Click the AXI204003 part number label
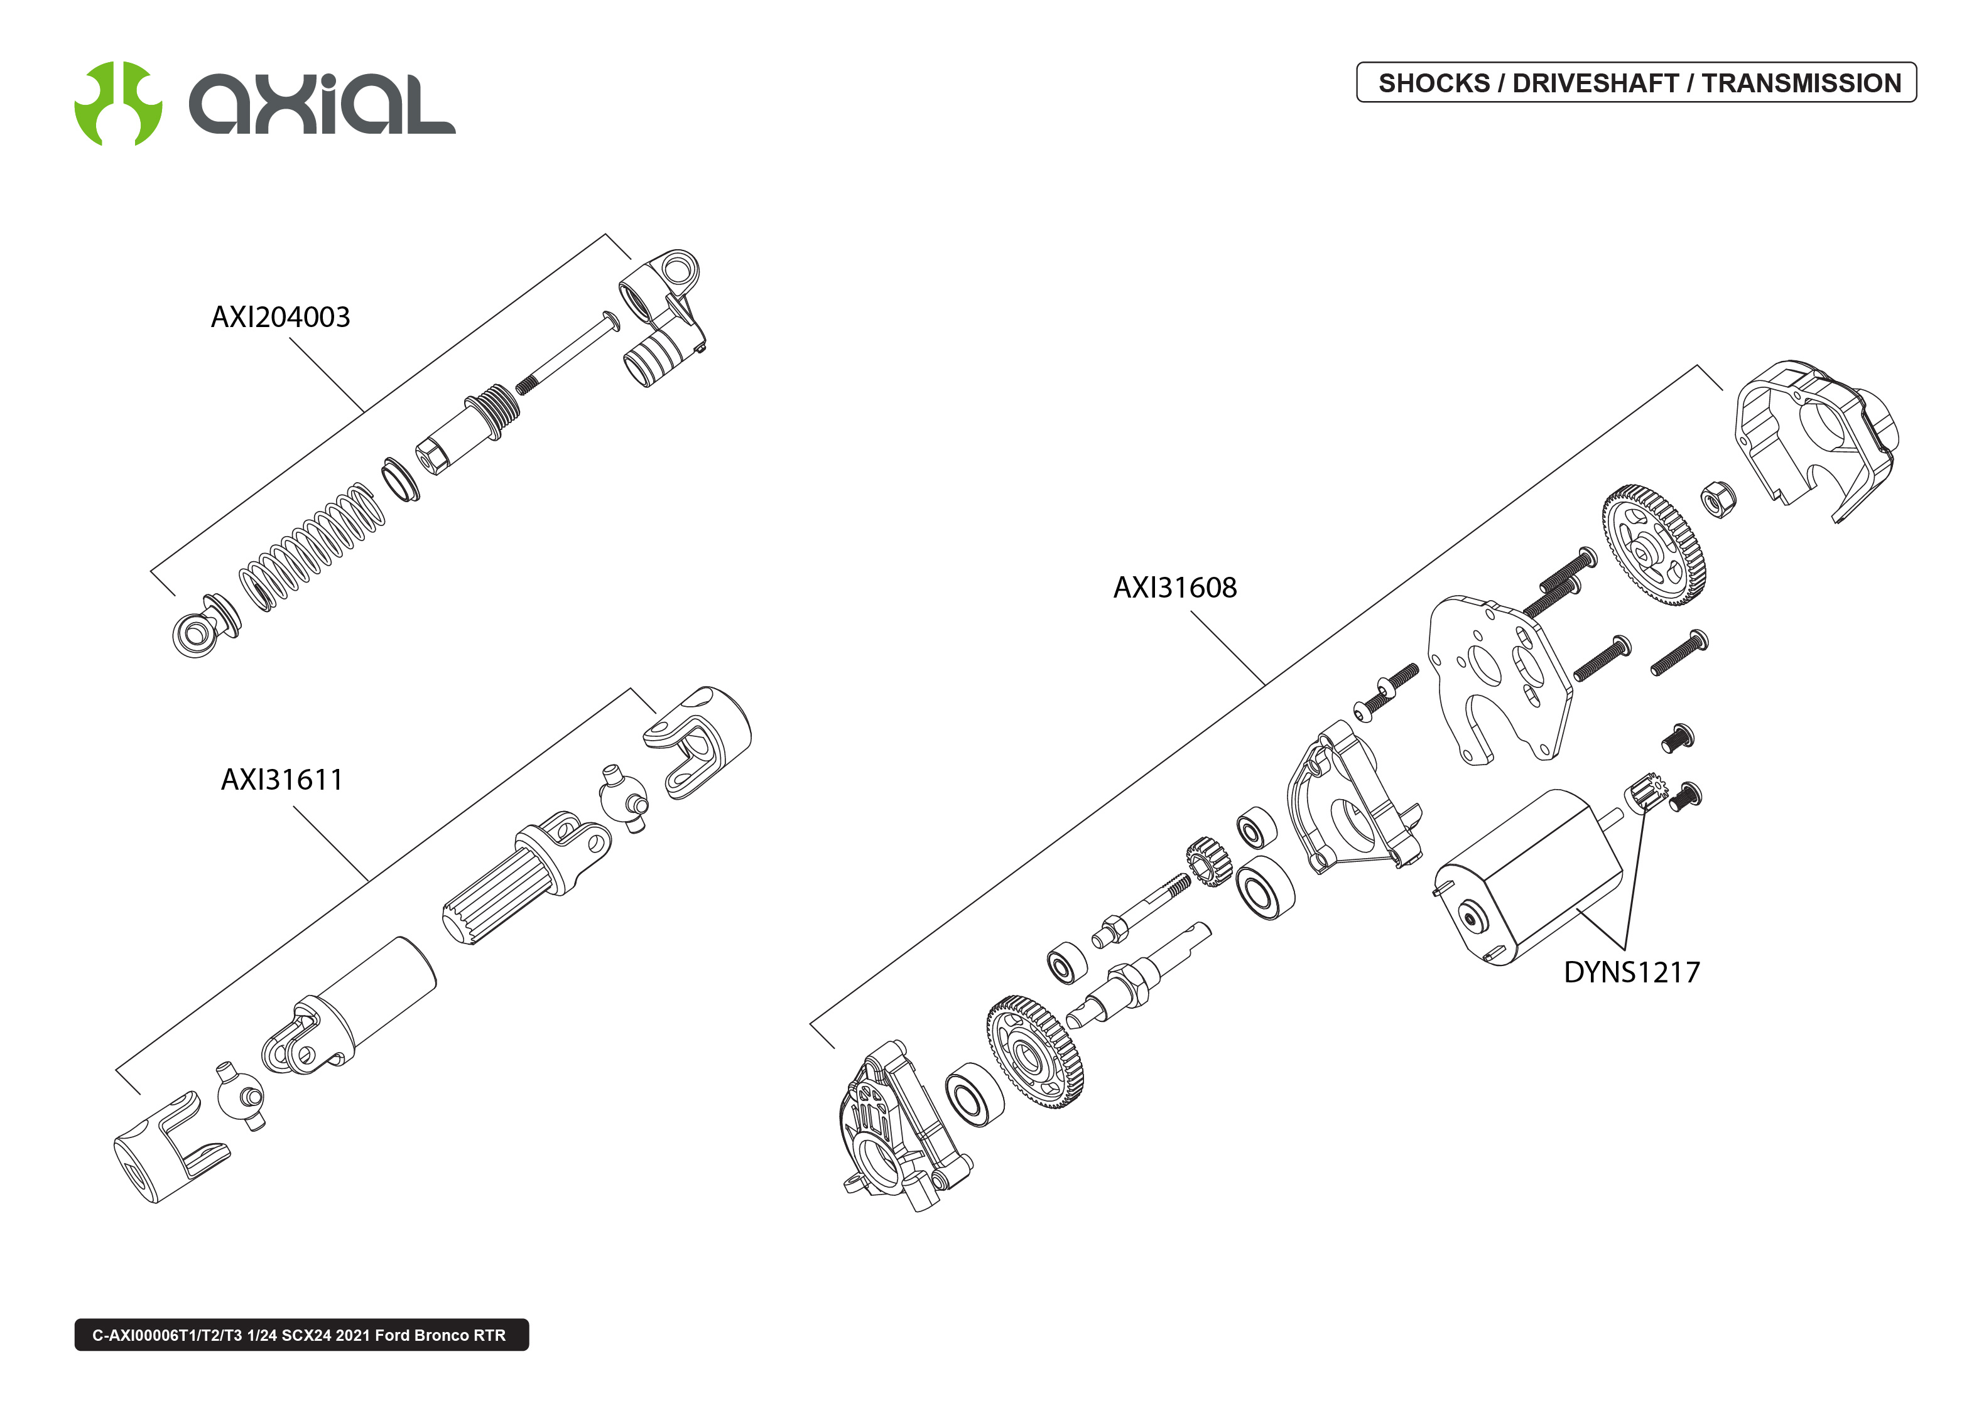click(279, 317)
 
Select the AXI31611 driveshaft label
click(281, 779)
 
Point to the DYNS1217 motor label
click(1631, 972)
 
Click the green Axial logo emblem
click(117, 104)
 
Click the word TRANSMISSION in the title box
click(1801, 83)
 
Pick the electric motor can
click(1532, 879)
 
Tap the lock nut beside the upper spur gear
click(1718, 498)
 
